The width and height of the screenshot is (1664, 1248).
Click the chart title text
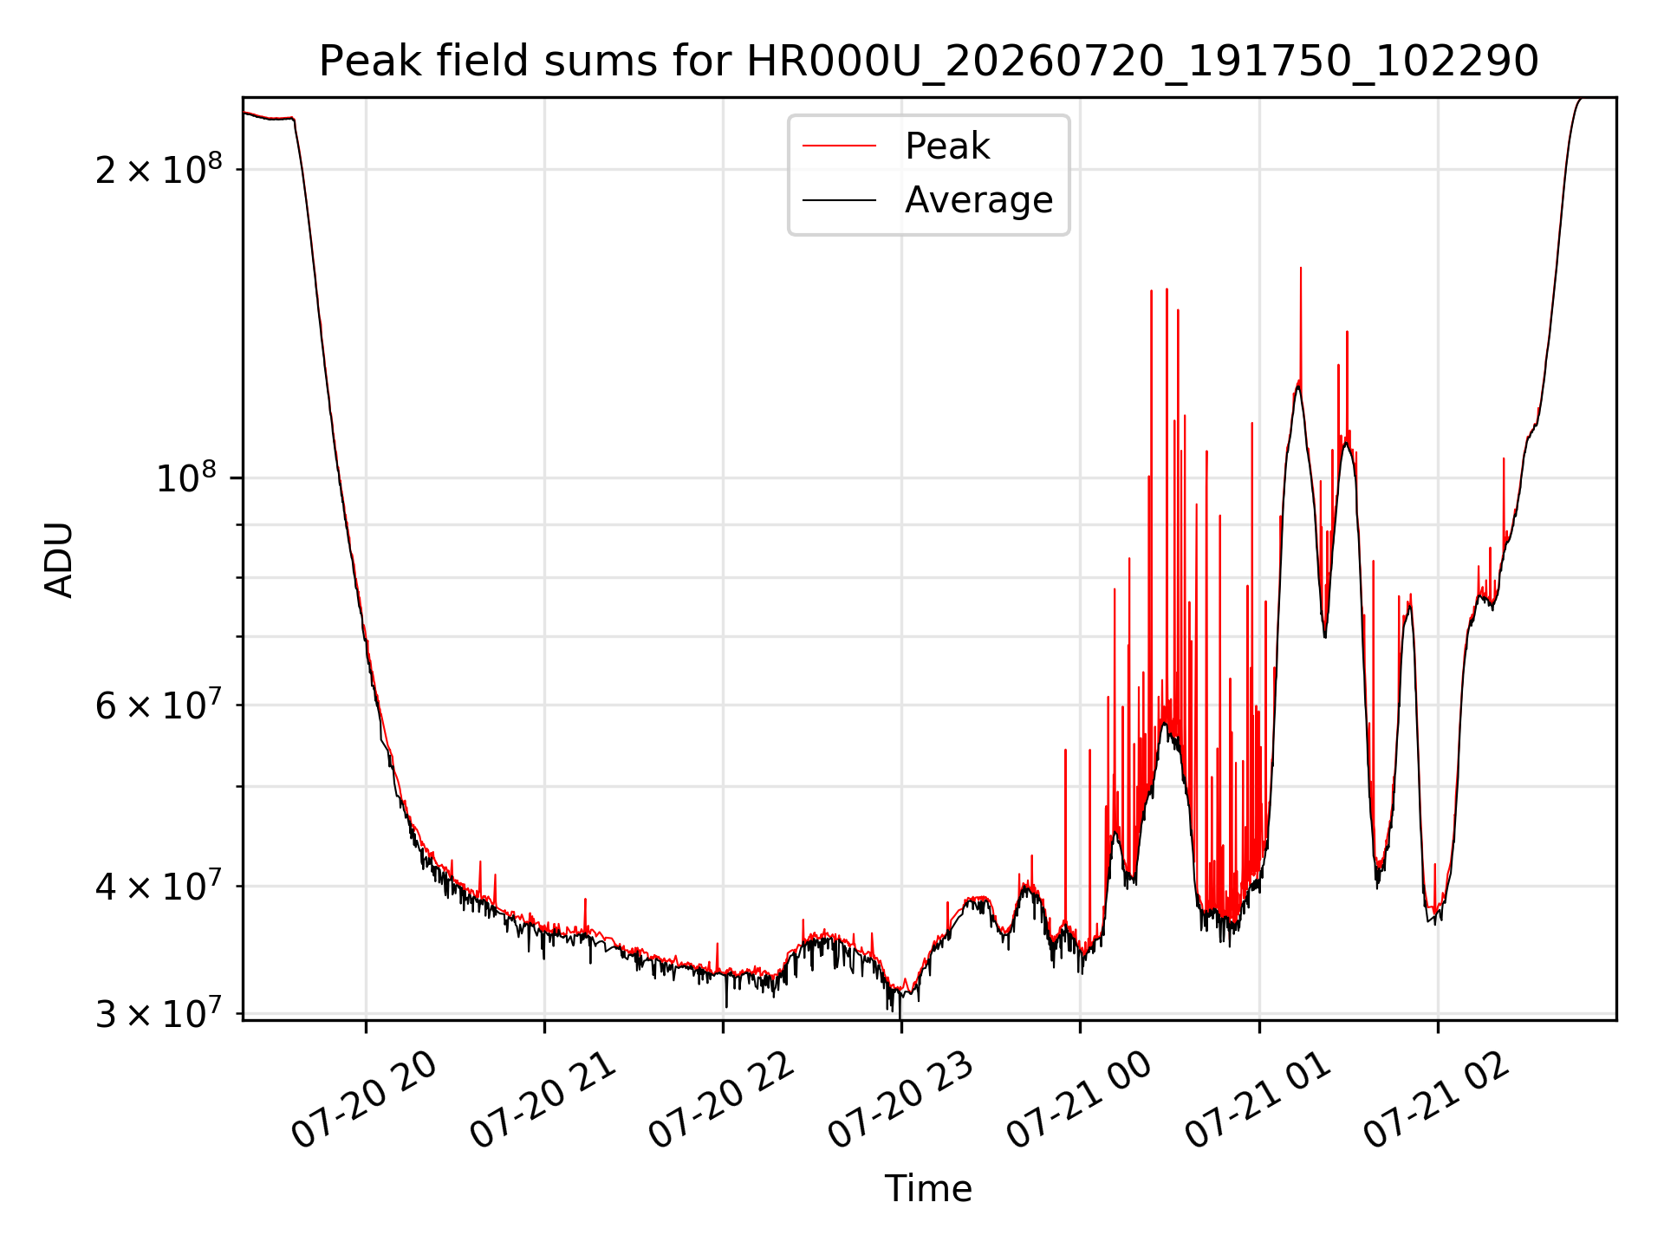(x=928, y=62)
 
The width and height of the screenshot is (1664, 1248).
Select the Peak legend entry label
(x=946, y=146)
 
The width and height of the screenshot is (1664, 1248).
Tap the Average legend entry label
(x=978, y=200)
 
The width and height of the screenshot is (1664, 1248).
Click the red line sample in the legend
(x=839, y=146)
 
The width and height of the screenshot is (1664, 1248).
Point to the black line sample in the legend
(x=839, y=200)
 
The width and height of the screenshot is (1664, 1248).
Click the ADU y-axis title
(x=59, y=559)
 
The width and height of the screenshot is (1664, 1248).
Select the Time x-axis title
(x=928, y=1188)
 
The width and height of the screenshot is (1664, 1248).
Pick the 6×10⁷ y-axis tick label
(x=158, y=704)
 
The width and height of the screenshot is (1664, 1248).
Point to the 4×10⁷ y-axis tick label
(x=158, y=885)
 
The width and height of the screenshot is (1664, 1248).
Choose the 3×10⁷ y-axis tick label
(x=158, y=1011)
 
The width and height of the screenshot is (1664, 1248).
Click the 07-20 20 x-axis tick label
(x=365, y=1100)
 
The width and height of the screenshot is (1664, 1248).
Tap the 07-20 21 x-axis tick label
(x=543, y=1100)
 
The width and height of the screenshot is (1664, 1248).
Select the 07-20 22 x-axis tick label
(x=722, y=1100)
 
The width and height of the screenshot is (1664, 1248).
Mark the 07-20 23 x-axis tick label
(x=901, y=1100)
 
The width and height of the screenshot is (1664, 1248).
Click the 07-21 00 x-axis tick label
(x=1080, y=1100)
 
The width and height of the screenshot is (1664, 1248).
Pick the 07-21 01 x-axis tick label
(x=1258, y=1100)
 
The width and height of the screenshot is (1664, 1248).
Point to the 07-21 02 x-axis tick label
(x=1437, y=1100)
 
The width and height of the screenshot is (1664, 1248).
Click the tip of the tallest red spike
(x=1300, y=268)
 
